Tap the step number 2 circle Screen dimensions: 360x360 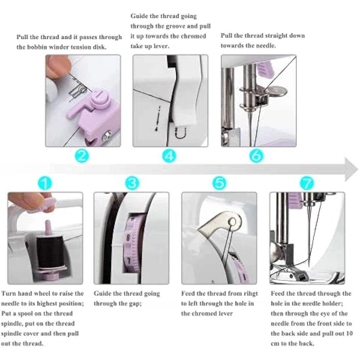point(82,155)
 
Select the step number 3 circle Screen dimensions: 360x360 point(132,183)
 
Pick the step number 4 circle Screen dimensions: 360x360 point(169,155)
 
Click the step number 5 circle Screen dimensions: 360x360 point(219,183)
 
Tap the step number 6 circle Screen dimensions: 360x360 point(256,155)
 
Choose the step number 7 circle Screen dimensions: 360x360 point(307,183)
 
